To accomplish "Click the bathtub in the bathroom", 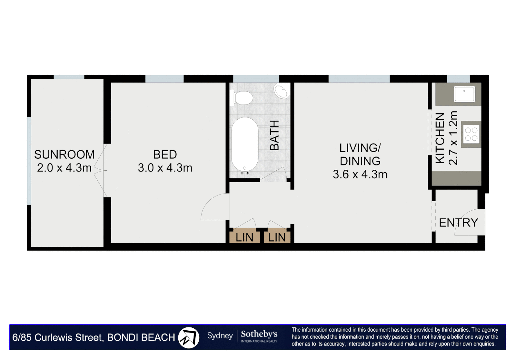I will point(245,144).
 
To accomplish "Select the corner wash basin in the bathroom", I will point(282,91).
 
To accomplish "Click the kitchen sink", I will point(464,94).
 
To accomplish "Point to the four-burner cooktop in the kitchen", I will point(471,134).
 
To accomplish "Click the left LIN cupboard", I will point(244,237).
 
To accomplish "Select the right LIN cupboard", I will point(277,237).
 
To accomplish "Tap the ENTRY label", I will point(458,222).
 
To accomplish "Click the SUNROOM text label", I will point(64,154).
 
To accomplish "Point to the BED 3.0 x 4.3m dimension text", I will point(165,168).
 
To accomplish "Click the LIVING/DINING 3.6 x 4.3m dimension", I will point(360,174).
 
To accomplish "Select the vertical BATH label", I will point(274,135).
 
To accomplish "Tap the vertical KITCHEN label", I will point(440,138).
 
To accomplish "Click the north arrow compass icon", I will point(189,337).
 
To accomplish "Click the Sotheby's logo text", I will point(259,334).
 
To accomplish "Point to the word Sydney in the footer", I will point(220,336).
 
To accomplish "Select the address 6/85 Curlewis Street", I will point(58,337).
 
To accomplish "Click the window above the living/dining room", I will point(359,79).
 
